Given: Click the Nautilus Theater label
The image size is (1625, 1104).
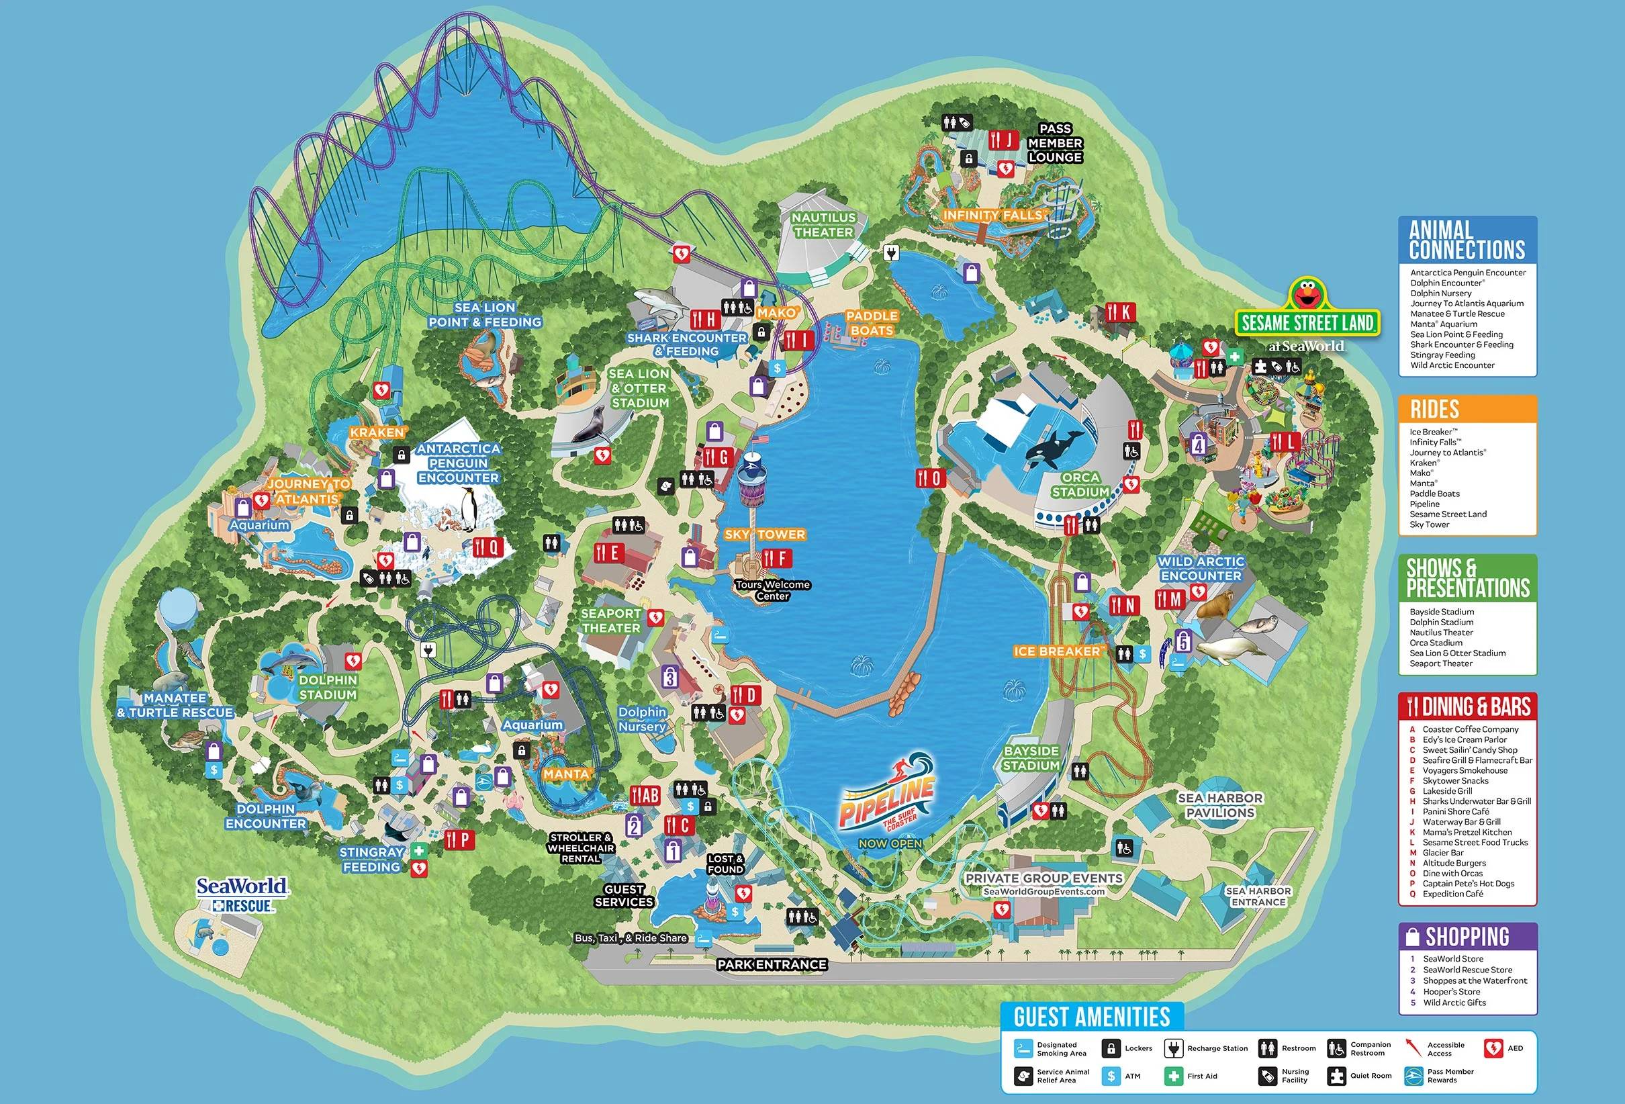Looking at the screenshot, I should coord(823,225).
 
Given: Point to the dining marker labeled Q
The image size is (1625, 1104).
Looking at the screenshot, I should coord(488,547).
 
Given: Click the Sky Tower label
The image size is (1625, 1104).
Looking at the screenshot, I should coord(764,535).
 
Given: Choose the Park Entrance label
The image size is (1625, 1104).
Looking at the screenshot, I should coord(772,965).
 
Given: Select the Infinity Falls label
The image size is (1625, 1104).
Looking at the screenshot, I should coord(994,216).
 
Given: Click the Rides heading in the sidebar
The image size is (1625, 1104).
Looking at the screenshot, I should coord(1434,409).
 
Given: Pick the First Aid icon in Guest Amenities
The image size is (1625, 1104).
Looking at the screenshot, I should coord(1173,1076).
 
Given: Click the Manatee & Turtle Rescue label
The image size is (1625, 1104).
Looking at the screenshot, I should coord(175,706).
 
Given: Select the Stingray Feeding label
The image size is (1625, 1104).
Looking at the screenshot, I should coord(371,860).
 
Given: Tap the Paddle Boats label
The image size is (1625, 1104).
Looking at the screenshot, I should coord(871,323).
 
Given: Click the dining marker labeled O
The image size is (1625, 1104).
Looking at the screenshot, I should coord(930,478).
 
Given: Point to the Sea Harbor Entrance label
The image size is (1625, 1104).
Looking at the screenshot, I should coord(1258,896).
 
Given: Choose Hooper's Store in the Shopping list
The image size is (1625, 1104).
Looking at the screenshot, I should coord(1451,991).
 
